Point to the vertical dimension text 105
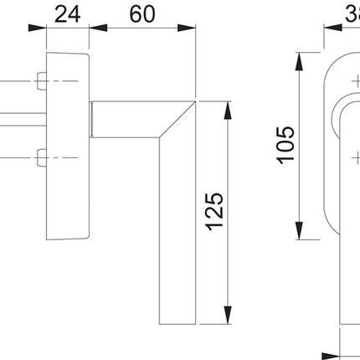(285, 145)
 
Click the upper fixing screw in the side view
(40, 81)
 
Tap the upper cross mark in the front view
(355, 83)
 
